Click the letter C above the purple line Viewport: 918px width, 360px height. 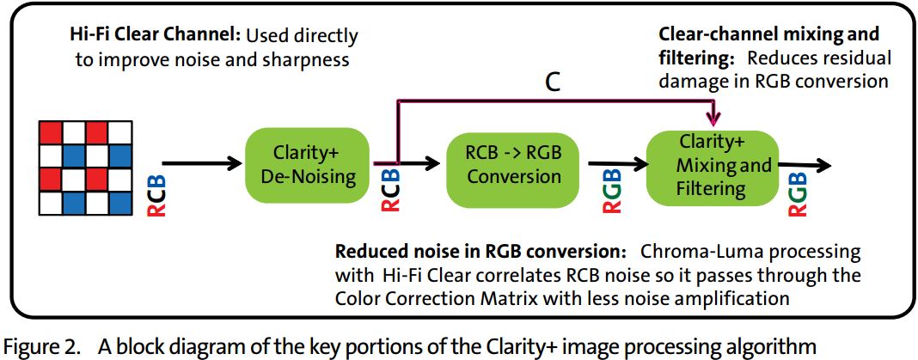pos(554,82)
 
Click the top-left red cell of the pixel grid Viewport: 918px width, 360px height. pos(50,132)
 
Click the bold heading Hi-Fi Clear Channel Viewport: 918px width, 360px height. pos(156,36)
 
